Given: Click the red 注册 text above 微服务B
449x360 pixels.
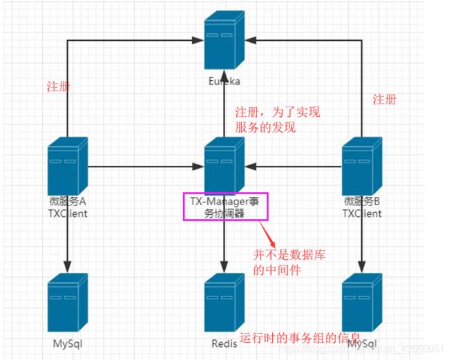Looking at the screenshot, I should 385,100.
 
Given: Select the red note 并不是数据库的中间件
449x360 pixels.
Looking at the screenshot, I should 289,263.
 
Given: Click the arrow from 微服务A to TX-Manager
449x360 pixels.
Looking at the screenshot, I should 145,167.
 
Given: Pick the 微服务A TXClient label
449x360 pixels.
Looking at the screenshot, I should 68,207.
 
